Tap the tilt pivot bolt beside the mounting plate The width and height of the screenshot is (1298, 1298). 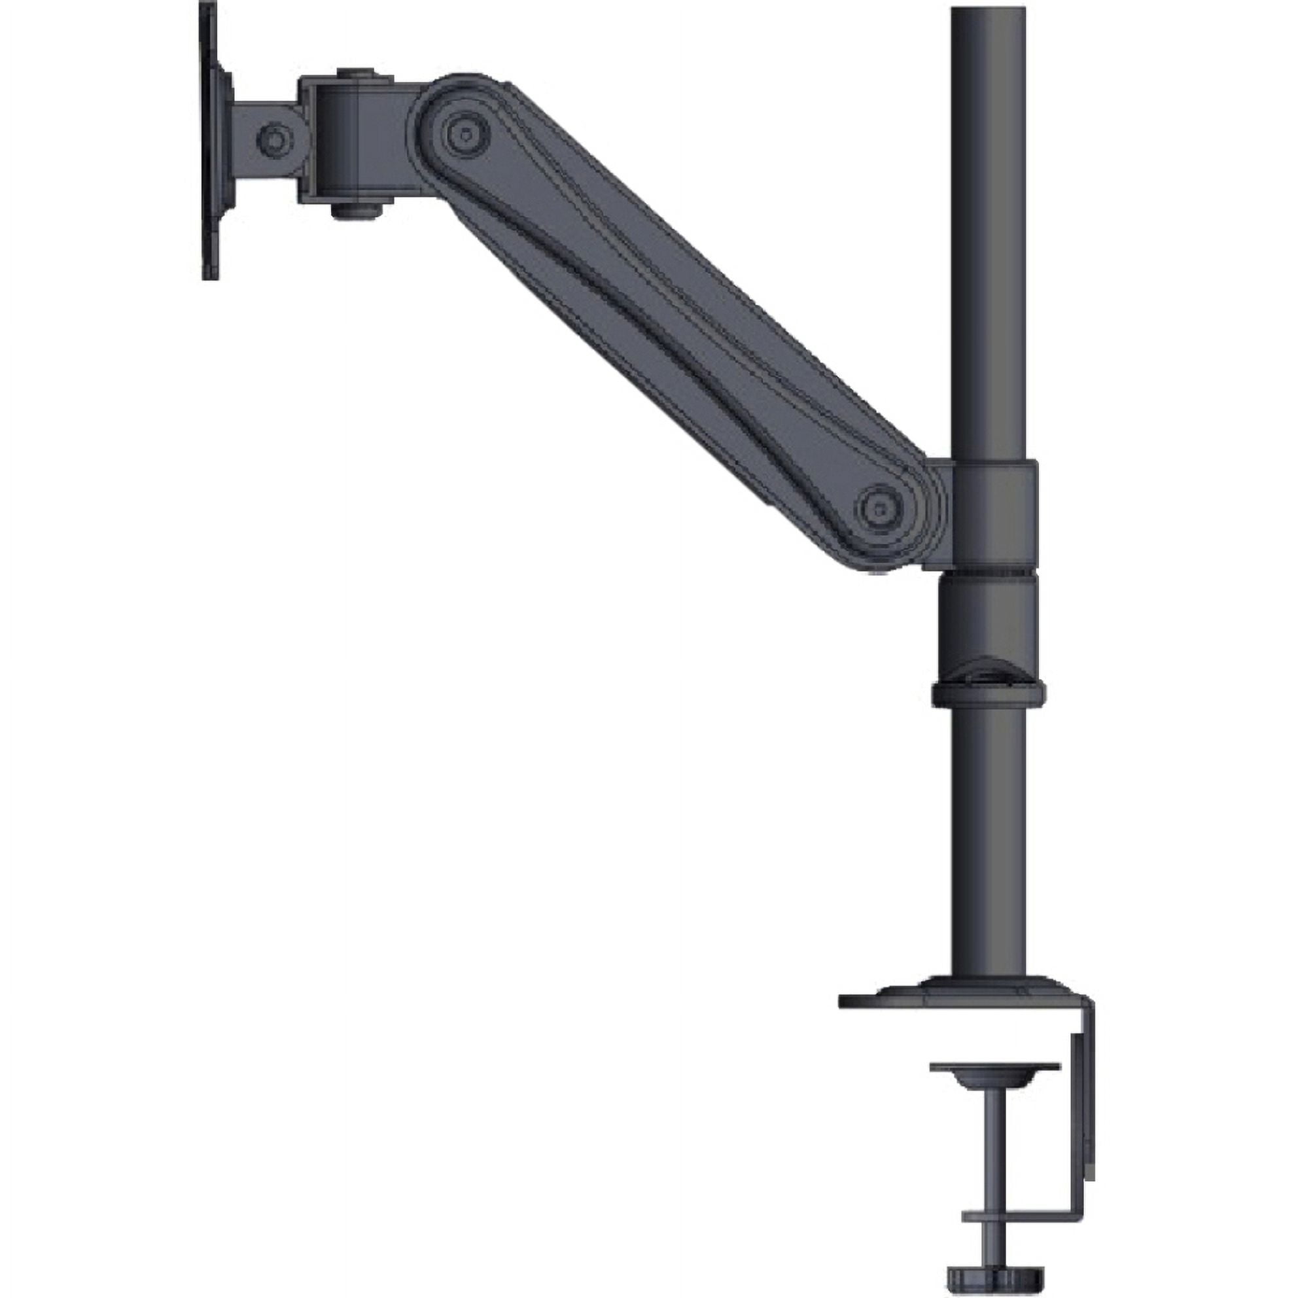click(275, 140)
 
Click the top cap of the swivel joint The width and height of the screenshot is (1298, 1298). click(356, 73)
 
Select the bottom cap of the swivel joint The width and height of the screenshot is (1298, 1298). click(356, 209)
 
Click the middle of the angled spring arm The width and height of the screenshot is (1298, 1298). click(672, 316)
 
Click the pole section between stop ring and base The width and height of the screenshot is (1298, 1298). click(989, 840)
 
